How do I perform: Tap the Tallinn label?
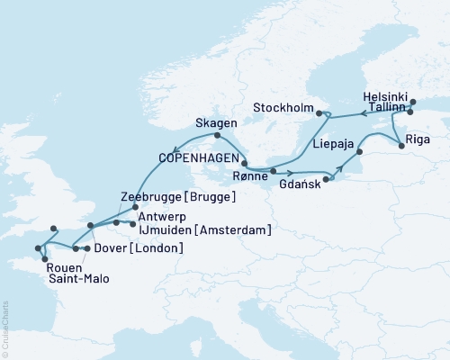(x=384, y=109)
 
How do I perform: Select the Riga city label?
(x=418, y=139)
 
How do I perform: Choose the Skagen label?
(x=215, y=122)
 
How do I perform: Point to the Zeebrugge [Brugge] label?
(x=178, y=197)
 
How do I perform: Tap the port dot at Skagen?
(x=217, y=136)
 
